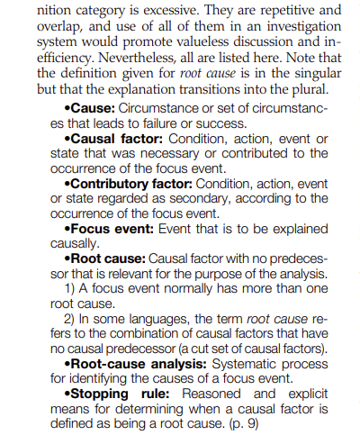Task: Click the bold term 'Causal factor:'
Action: pyautogui.click(x=116, y=140)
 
